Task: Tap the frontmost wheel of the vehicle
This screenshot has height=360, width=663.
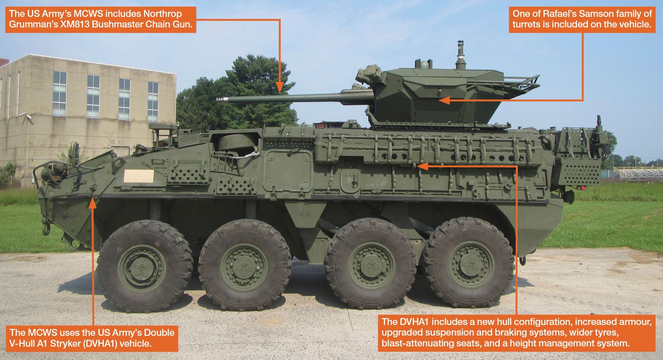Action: pos(144,266)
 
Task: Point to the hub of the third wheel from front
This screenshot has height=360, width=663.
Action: pos(371,266)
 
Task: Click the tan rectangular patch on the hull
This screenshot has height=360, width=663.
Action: pos(139,176)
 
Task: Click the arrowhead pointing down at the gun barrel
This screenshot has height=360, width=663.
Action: pos(279,89)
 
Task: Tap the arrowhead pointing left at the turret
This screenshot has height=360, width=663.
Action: pos(443,100)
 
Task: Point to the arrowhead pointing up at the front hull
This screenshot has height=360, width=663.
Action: pos(93,203)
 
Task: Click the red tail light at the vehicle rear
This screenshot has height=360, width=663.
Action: pos(582,188)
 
